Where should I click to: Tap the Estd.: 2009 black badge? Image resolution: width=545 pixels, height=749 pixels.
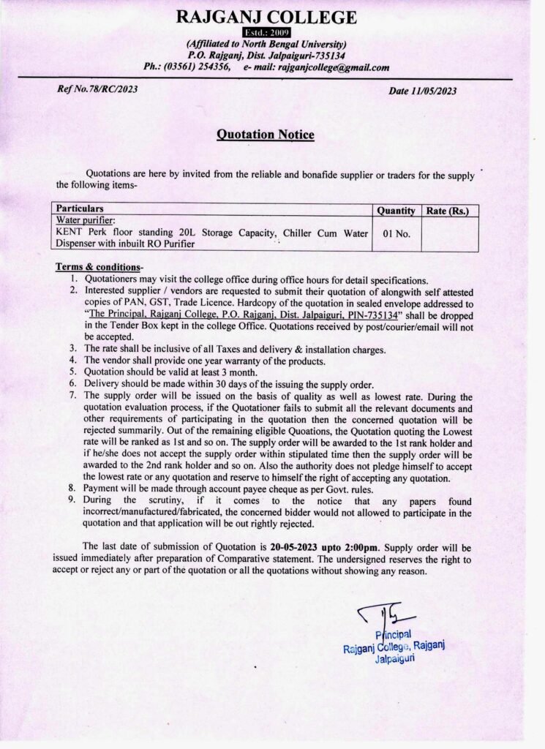coord(271,32)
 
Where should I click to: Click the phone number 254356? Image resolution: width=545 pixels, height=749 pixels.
coord(209,67)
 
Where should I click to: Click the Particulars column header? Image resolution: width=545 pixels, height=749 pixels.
coord(80,208)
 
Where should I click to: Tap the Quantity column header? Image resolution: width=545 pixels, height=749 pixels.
coord(396,211)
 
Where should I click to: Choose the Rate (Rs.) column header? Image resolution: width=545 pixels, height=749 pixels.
coord(448,211)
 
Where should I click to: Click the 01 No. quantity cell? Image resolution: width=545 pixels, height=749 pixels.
coord(396,236)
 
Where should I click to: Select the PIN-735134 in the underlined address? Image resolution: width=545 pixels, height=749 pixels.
coord(364,314)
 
